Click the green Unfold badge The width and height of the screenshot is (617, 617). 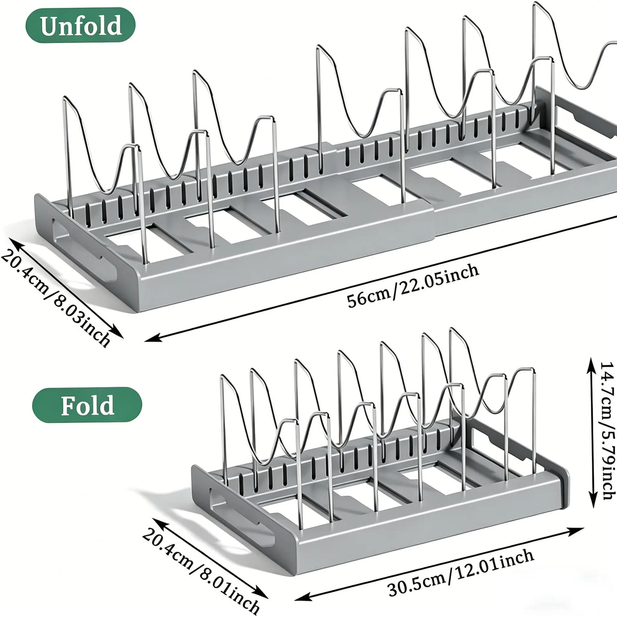coord(80,25)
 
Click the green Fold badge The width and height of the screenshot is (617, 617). coord(87,405)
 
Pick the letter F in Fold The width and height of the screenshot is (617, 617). coord(68,405)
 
